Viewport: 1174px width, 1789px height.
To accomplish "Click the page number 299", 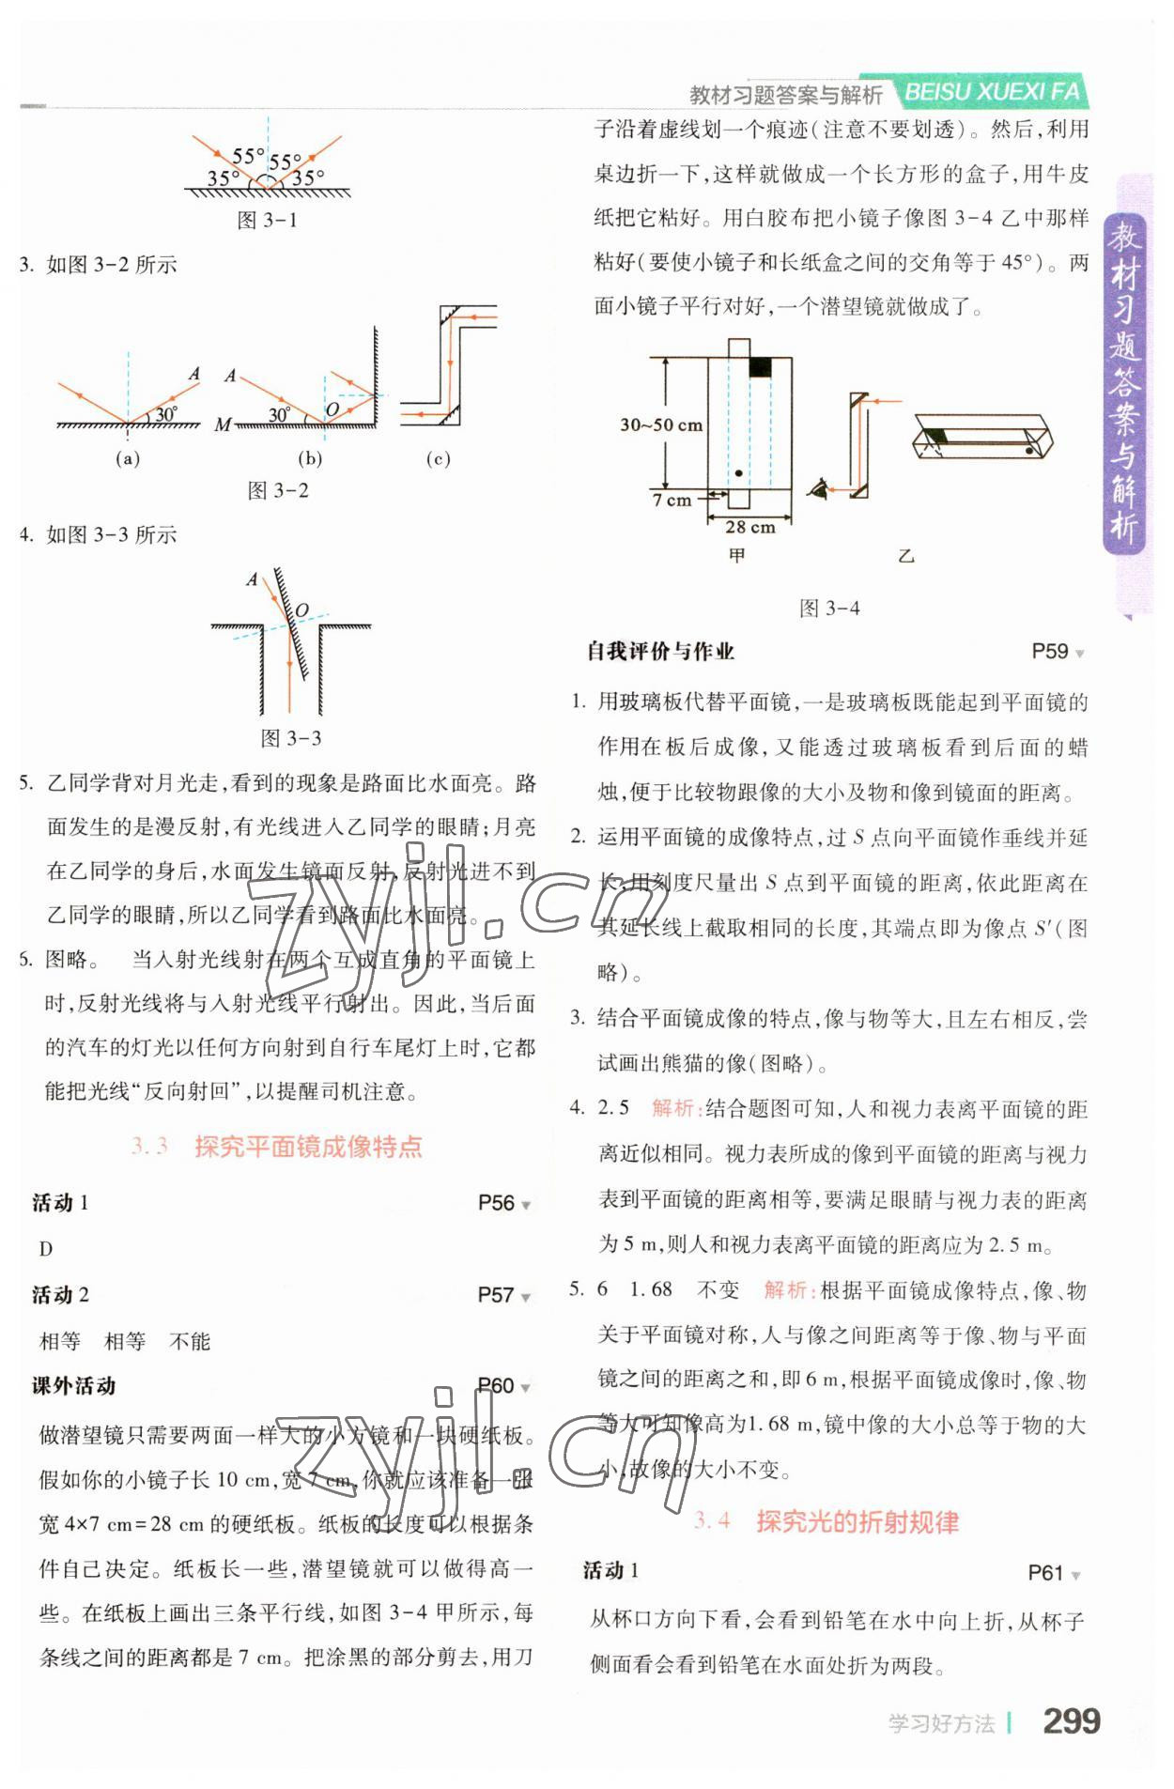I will point(1071,1720).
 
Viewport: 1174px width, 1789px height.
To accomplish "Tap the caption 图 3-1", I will point(267,221).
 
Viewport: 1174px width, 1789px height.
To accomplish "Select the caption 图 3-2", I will point(278,490).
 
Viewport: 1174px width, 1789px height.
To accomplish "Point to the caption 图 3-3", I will point(290,738).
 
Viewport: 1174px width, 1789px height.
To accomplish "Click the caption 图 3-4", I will point(829,609).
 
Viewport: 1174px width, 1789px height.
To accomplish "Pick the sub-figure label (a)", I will point(127,459).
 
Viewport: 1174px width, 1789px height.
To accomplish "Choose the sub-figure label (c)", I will point(438,459).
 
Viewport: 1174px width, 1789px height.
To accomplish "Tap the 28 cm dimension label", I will point(749,528).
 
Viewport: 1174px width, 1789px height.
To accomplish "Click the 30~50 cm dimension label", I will point(660,424).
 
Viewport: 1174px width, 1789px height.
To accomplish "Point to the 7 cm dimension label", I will point(672,501).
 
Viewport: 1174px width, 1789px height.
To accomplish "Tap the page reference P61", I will point(1045,1573).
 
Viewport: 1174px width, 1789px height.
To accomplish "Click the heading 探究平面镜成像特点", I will point(308,1147).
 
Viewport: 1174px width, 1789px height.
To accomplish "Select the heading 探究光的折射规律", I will point(857,1522).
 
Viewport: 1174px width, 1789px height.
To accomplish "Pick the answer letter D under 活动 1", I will point(46,1249).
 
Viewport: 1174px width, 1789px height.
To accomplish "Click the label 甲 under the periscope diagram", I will point(737,556).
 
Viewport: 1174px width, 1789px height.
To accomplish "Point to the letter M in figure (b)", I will point(223,425).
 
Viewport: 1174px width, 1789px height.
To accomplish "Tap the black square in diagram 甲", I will point(759,368).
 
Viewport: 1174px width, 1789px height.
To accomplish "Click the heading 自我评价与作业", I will point(660,652).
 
